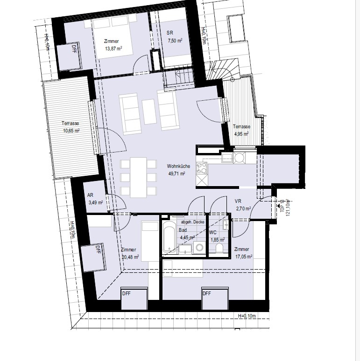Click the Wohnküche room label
click(x=178, y=166)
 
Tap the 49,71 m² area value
click(x=176, y=174)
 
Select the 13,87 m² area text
click(x=113, y=49)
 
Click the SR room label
click(x=170, y=33)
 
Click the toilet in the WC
click(x=219, y=248)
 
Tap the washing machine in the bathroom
click(x=199, y=248)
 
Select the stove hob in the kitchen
click(x=201, y=168)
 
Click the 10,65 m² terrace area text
click(x=71, y=131)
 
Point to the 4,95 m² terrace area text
click(x=241, y=134)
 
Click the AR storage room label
click(x=90, y=195)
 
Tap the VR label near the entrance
click(x=238, y=201)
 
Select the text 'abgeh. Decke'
click(x=193, y=222)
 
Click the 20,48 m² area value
click(x=130, y=257)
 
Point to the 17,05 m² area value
click(x=244, y=257)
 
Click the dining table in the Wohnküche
click(x=138, y=178)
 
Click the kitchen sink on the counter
click(x=227, y=158)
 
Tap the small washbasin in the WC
click(x=226, y=224)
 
